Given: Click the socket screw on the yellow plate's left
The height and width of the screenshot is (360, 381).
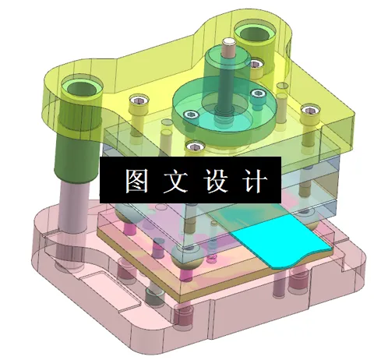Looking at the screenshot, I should point(139,101).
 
